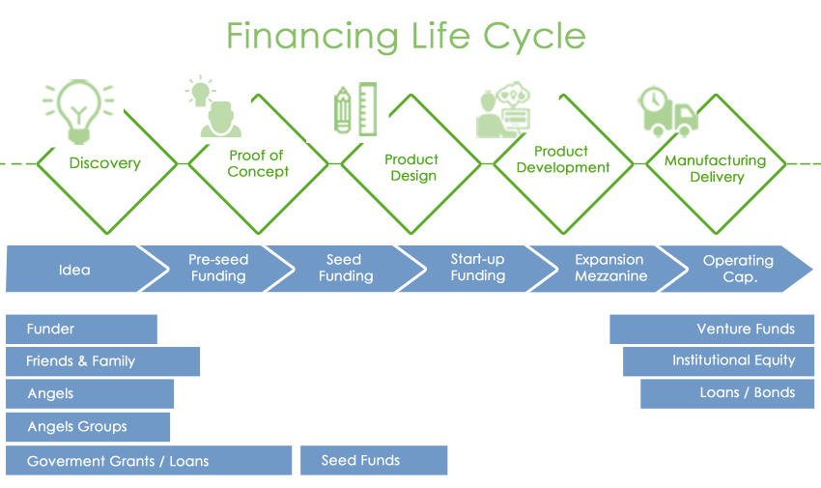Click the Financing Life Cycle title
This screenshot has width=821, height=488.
coord(406,36)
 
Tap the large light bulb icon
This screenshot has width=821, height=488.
coord(78,111)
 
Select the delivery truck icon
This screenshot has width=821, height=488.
coord(668,112)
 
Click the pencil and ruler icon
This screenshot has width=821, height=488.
coord(355,108)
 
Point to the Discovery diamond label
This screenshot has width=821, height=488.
coord(104,163)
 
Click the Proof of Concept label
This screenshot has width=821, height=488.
coord(258,163)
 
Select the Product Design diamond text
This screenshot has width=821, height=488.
coord(411,167)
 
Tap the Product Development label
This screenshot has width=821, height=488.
coord(563,159)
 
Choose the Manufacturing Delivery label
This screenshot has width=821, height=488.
coord(715,168)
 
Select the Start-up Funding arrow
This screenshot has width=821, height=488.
coord(477,269)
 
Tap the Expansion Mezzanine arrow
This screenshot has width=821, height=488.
coord(609,269)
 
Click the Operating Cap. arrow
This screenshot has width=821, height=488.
coord(736,269)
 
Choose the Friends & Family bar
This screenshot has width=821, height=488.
coord(102,361)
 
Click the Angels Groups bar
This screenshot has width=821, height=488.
coord(88,427)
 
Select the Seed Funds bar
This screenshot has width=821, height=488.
coord(374,460)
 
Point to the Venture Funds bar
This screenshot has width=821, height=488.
coord(712,329)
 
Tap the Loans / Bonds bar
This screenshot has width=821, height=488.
coord(727,393)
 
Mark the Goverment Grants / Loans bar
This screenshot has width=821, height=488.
coord(149,460)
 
